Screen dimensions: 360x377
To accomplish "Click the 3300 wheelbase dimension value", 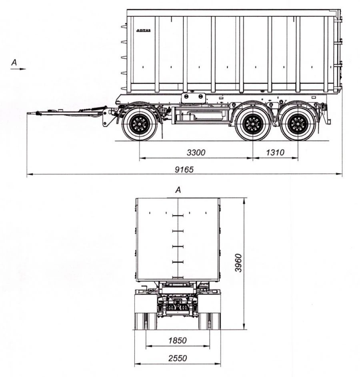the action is (x=196, y=152).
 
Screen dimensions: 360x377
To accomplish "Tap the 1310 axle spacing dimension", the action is (x=275, y=152).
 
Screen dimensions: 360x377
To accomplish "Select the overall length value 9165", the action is (x=184, y=170).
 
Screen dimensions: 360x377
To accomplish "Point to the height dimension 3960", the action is (x=238, y=263).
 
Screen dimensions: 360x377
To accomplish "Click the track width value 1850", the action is (x=178, y=341).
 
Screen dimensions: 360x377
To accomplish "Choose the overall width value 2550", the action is (x=178, y=358).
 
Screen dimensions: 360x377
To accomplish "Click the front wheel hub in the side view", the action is (x=139, y=124).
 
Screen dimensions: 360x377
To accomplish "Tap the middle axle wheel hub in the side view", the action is (x=253, y=124).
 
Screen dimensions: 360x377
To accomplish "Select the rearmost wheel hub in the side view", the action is (x=298, y=124).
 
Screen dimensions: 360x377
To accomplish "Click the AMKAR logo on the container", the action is (x=144, y=30).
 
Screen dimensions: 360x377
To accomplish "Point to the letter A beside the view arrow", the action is (x=14, y=62).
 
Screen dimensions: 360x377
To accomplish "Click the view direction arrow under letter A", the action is (x=18, y=69).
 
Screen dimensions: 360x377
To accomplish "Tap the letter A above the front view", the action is (x=178, y=190).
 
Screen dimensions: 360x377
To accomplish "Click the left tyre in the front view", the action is (x=146, y=321).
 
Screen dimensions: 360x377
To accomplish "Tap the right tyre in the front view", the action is (x=210, y=321).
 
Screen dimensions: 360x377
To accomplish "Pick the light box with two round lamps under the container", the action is (x=193, y=98).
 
